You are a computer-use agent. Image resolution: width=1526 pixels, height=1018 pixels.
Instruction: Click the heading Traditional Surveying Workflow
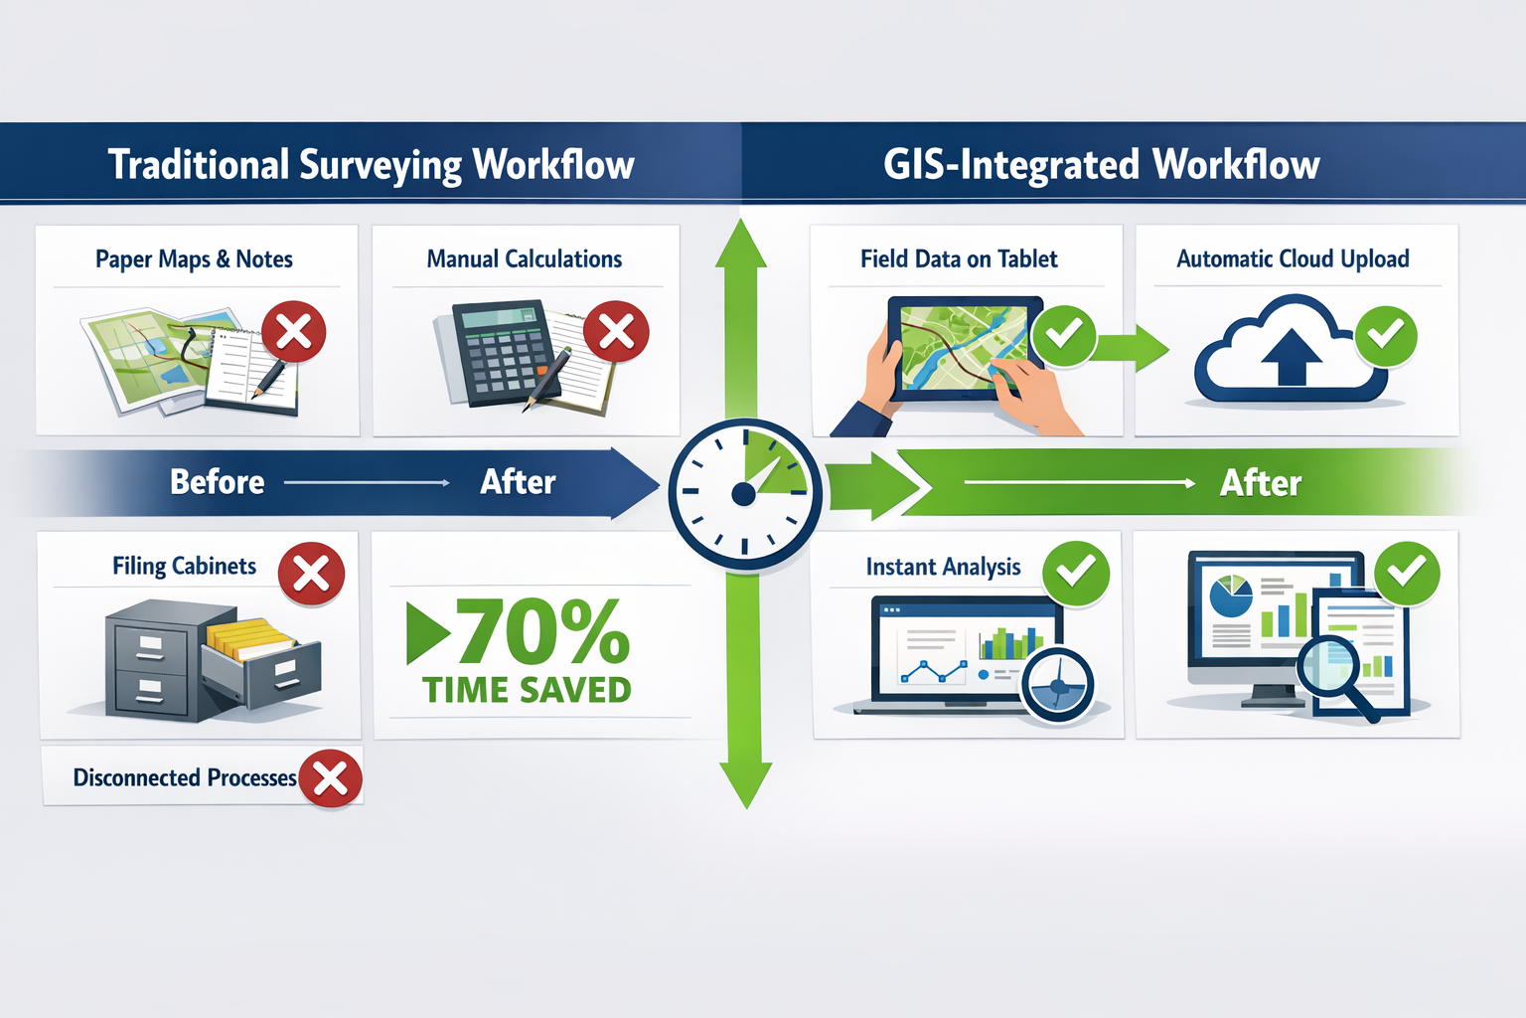click(371, 164)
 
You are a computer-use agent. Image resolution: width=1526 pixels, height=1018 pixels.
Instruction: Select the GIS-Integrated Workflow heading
click(1101, 164)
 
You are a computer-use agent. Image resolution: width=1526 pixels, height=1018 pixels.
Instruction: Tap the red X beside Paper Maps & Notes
click(294, 332)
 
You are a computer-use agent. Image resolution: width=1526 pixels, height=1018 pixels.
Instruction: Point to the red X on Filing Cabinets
click(311, 574)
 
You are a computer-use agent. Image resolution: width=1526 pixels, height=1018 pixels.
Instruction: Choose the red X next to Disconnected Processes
click(330, 778)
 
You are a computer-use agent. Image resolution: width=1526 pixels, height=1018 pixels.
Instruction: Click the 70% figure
click(541, 632)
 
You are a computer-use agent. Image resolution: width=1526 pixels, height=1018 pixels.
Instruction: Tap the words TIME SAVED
click(527, 690)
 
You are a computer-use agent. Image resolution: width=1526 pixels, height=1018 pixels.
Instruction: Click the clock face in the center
click(744, 493)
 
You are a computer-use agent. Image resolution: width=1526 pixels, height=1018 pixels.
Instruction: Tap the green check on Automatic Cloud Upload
click(1386, 335)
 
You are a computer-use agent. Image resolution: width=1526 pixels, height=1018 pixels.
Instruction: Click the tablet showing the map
click(964, 348)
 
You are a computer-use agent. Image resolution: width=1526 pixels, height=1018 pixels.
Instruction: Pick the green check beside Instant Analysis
click(1076, 573)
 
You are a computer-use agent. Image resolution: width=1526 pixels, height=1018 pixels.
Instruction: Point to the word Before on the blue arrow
click(217, 482)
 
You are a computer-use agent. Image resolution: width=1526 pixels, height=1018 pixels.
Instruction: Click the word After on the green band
click(1260, 483)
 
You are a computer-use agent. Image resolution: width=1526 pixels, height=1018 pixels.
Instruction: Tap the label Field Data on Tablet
click(959, 259)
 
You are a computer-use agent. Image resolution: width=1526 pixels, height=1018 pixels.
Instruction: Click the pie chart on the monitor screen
click(1231, 594)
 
